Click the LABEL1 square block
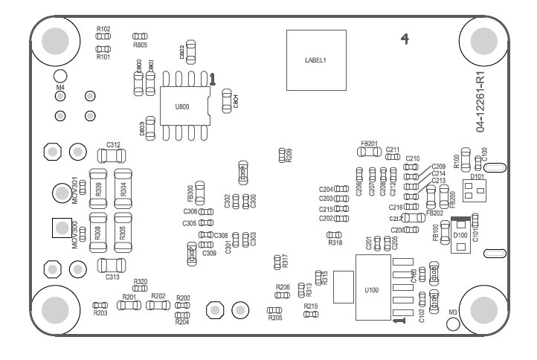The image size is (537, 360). [x=316, y=60]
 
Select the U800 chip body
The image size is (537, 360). [x=182, y=106]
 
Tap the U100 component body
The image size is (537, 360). [x=373, y=289]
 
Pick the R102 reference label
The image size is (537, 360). [x=103, y=28]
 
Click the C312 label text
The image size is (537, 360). [x=113, y=144]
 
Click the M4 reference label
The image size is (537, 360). [x=61, y=88]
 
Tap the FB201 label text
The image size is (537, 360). [x=369, y=143]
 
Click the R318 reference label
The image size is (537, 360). [x=335, y=242]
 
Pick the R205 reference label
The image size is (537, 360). [x=275, y=318]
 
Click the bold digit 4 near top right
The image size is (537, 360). [x=405, y=38]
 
